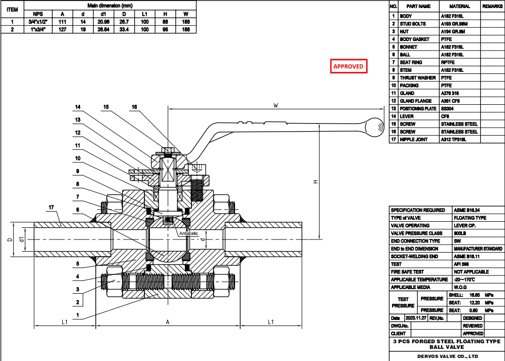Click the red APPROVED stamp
point(348,66)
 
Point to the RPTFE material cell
point(449,62)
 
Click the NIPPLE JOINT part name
point(414,139)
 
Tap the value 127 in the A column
point(62,29)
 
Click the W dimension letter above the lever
point(276,106)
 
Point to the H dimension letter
point(314,182)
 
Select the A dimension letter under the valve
point(168,322)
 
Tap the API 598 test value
point(461,264)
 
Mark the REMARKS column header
point(491,6)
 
